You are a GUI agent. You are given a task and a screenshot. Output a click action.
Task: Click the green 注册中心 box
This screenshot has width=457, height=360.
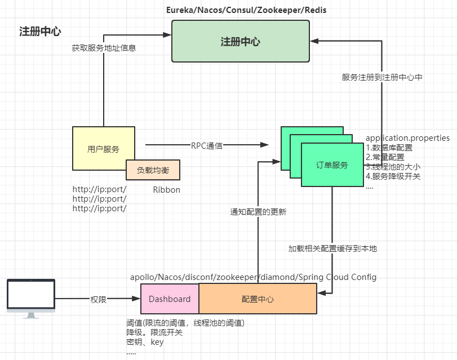pos(241,41)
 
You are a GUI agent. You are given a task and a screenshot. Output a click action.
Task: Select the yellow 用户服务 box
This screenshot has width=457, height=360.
pos(104,148)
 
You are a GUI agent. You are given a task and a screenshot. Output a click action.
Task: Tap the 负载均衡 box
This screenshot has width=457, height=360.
pos(153,170)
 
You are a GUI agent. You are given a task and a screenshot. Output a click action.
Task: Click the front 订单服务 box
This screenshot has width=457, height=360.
pos(332,165)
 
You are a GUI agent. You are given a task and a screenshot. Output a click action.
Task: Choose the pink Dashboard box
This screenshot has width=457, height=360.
pos(170,299)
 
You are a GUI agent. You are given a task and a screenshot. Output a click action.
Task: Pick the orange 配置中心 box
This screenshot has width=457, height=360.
pos(258,299)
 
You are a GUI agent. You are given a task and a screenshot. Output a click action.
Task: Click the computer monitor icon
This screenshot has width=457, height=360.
pos(31,299)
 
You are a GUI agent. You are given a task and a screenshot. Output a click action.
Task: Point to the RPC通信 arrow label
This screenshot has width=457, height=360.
pos(207,146)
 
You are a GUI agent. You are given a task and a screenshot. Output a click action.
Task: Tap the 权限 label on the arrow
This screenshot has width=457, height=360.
pos(98,299)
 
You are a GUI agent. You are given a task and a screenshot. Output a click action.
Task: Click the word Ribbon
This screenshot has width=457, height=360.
pos(166,190)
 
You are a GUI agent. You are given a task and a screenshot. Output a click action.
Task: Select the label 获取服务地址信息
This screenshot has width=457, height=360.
pos(104,48)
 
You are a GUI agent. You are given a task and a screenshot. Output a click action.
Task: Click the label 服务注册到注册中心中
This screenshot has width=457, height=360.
pos(382,77)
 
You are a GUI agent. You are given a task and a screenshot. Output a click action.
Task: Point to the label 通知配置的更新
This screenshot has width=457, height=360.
pos(258,212)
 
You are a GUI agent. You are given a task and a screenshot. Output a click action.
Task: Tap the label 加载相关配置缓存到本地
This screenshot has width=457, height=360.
pos(332,248)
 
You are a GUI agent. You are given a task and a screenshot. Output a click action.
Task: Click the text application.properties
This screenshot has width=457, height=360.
pos(407,138)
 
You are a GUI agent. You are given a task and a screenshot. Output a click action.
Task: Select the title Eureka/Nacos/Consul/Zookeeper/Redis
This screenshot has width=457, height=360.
pos(246,10)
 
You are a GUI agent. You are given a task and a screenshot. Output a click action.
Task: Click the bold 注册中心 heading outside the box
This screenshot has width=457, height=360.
pos(40,31)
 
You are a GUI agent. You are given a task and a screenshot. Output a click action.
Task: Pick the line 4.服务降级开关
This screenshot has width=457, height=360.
pos(393,176)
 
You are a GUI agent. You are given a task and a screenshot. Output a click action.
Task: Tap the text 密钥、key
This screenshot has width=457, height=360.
pos(145,342)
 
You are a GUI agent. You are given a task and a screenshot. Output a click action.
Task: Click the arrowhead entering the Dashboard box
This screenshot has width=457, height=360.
pos(136,299)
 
